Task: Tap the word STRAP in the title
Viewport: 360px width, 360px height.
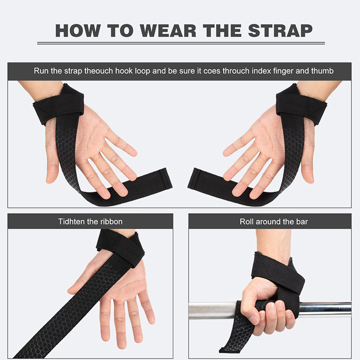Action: click(x=276, y=30)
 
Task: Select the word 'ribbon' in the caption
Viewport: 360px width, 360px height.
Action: click(x=110, y=221)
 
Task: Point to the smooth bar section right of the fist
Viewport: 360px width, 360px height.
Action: click(x=324, y=309)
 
